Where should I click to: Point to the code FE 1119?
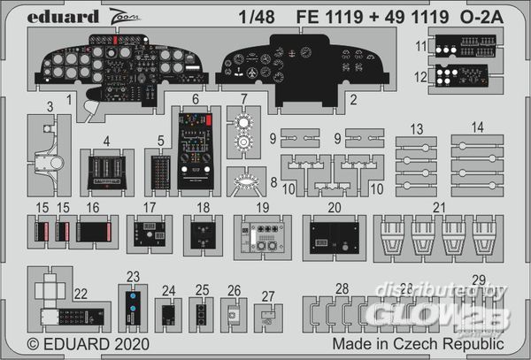click(x=363, y=14)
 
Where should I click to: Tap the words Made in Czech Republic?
click(x=419, y=342)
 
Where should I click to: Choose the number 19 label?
click(x=262, y=207)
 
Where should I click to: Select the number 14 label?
click(x=478, y=126)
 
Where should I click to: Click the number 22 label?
click(x=81, y=294)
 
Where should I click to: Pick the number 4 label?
click(x=106, y=140)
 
